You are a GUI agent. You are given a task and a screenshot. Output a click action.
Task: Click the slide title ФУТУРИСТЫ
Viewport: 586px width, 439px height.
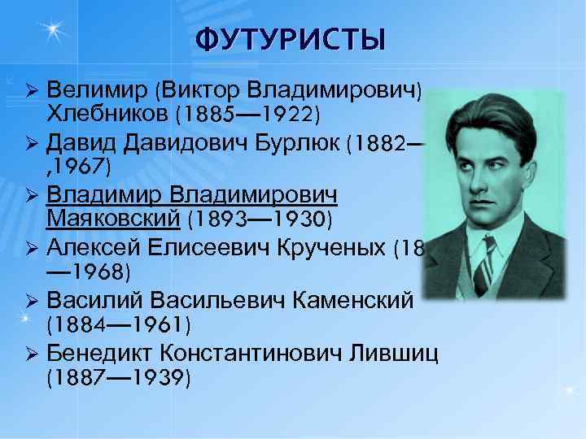290,38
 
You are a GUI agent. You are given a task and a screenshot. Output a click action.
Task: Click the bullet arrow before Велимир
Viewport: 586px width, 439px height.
33,89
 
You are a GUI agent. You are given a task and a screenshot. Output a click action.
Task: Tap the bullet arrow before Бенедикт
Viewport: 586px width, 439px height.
33,354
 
